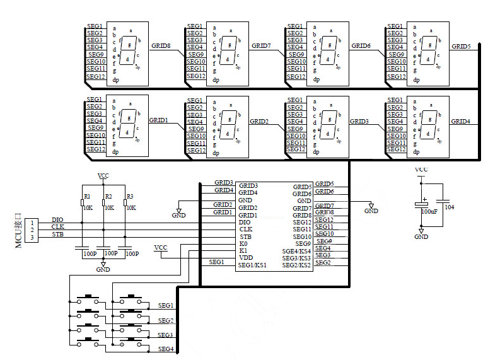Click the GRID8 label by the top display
(x=161, y=46)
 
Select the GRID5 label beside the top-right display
(x=461, y=47)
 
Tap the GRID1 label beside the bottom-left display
(x=158, y=120)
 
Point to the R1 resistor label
(x=87, y=197)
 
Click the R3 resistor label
(x=130, y=197)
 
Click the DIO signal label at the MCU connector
(x=57, y=219)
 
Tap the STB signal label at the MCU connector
(x=57, y=234)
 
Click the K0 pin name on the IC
(x=243, y=243)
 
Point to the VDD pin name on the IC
(x=246, y=258)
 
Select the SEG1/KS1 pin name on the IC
(x=252, y=265)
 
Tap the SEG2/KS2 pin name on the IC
(x=296, y=265)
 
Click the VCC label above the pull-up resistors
(x=103, y=175)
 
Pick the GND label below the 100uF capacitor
(x=421, y=236)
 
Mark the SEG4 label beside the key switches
(x=166, y=349)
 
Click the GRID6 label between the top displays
(x=361, y=46)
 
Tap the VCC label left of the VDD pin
(x=161, y=247)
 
